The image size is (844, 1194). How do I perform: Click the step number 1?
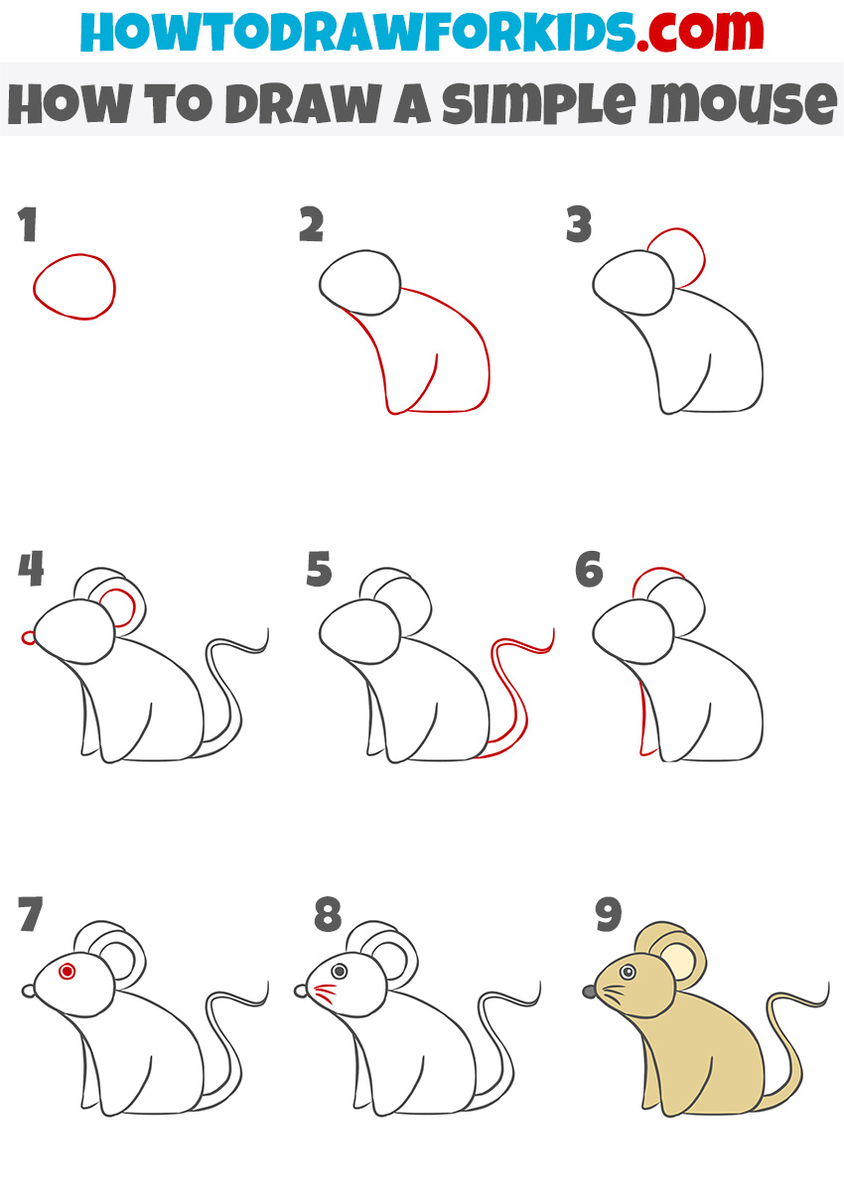(x=28, y=226)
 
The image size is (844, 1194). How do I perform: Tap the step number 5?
(x=319, y=572)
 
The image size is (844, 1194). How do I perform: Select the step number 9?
(x=608, y=915)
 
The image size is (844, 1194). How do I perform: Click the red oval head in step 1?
(x=74, y=287)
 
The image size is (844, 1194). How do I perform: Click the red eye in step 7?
(x=68, y=970)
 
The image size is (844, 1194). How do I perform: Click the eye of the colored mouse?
(x=628, y=972)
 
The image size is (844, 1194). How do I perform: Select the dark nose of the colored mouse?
(x=589, y=990)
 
